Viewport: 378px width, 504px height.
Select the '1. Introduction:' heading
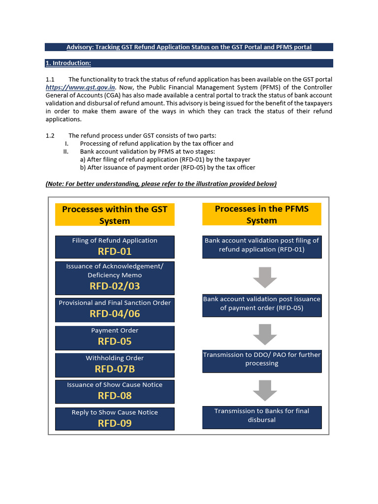coord(68,63)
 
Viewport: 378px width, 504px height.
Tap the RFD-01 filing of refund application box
coord(115,247)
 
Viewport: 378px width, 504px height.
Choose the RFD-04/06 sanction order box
coord(115,309)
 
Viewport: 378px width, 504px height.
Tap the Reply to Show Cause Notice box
coord(115,418)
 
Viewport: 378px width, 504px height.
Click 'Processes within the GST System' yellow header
coord(115,215)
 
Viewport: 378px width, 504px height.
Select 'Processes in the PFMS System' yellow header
coord(262,214)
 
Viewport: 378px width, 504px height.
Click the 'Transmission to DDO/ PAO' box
coord(262,361)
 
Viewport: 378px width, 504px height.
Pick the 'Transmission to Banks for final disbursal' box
coord(262,417)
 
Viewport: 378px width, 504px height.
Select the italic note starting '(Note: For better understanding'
coord(161,184)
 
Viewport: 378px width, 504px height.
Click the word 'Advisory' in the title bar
coord(80,47)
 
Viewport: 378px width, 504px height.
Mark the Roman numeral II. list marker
coord(66,152)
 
